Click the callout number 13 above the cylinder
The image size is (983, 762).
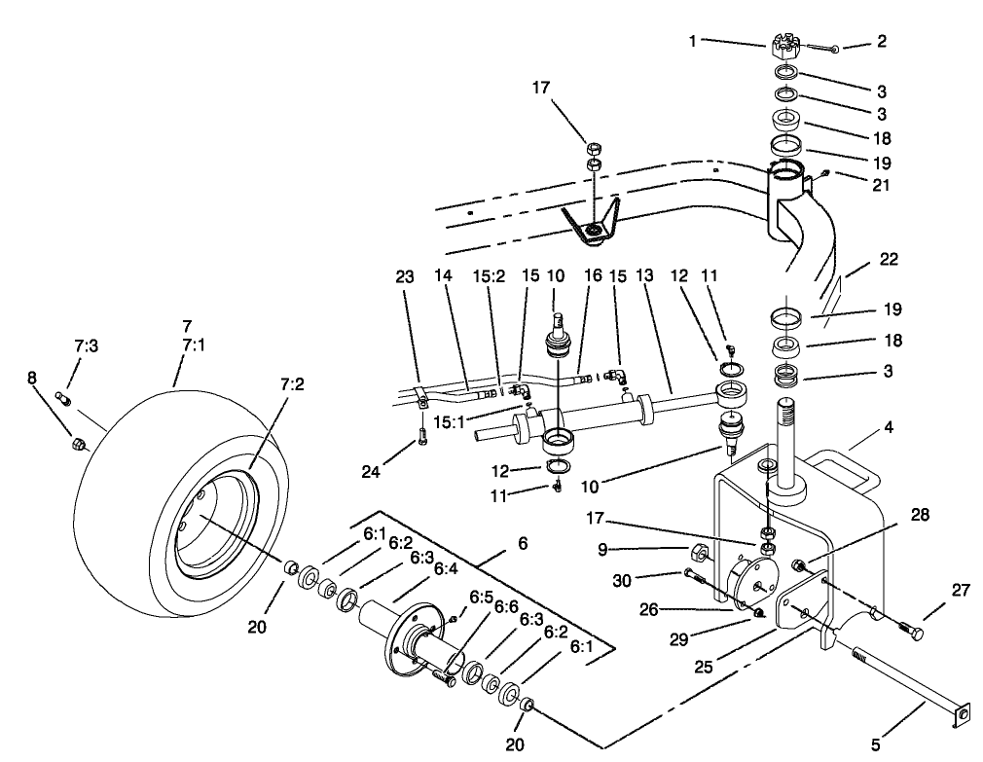coord(642,277)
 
